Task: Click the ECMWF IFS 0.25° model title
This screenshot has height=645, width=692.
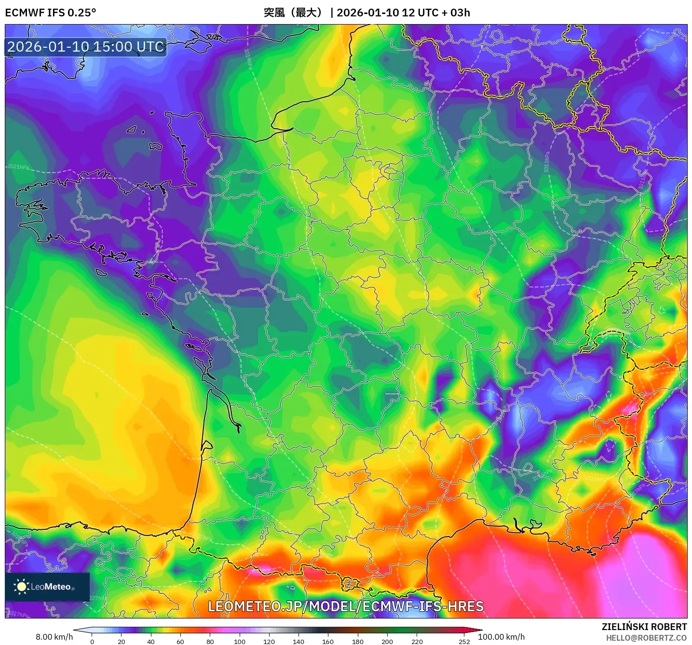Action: point(51,13)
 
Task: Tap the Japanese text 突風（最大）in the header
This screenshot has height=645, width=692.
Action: point(293,13)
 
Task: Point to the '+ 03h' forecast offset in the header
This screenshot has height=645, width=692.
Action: point(456,13)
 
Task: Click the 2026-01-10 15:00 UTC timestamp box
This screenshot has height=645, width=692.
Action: point(86,47)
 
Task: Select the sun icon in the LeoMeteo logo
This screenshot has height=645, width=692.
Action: point(21,587)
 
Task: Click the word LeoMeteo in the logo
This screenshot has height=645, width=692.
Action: point(51,587)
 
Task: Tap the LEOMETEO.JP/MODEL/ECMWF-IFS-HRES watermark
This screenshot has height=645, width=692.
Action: point(345,606)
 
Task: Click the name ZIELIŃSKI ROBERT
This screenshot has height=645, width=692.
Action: point(644,627)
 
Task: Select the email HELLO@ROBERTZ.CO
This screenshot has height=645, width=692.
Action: point(646,638)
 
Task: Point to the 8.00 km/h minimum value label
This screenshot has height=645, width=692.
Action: point(54,637)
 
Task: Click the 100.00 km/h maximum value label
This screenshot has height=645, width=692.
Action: point(501,637)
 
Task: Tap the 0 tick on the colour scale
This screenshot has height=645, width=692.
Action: point(92,642)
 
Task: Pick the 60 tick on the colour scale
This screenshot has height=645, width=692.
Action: point(180,642)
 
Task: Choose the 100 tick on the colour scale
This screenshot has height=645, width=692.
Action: point(240,642)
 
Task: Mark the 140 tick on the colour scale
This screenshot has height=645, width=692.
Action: point(299,642)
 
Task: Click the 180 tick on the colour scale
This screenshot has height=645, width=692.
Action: point(358,642)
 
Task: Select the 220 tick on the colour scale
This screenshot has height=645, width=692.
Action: point(417,642)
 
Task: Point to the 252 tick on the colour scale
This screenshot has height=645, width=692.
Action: point(464,642)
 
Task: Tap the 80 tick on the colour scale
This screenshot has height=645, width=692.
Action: point(210,642)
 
